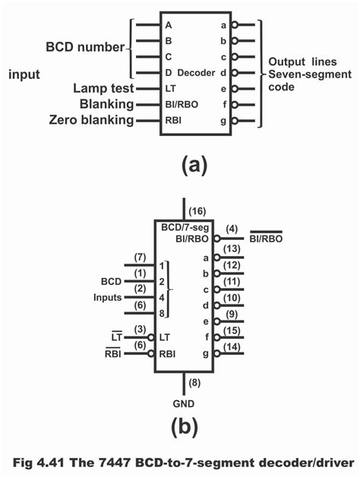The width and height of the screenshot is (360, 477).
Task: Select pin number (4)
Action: pyautogui.click(x=232, y=228)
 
